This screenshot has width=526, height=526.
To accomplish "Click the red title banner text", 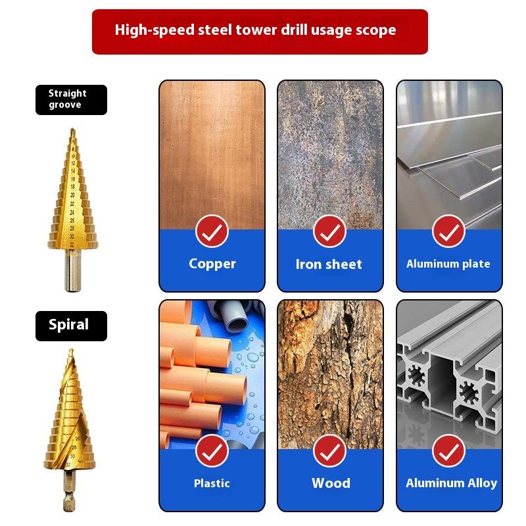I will pyautogui.click(x=256, y=30).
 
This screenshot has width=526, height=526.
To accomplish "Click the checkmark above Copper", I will pyautogui.click(x=212, y=231).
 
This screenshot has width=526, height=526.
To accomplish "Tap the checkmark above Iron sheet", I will pyautogui.click(x=329, y=231).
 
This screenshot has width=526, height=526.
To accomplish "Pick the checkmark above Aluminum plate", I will pyautogui.click(x=448, y=231).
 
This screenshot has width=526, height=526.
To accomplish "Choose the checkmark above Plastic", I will pyautogui.click(x=212, y=450).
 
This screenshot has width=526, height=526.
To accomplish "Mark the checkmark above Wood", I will pyautogui.click(x=329, y=450).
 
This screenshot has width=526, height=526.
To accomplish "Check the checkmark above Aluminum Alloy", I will pyautogui.click(x=448, y=450).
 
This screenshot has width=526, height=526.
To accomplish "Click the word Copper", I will pyautogui.click(x=212, y=264).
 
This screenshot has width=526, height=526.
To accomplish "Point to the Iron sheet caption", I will pyautogui.click(x=329, y=264).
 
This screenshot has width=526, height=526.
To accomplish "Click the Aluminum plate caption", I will pyautogui.click(x=448, y=264).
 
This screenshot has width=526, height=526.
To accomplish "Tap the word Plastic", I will pyautogui.click(x=212, y=483).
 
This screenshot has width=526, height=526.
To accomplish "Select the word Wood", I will pyautogui.click(x=331, y=483).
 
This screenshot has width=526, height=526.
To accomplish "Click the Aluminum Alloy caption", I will pyautogui.click(x=451, y=483).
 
